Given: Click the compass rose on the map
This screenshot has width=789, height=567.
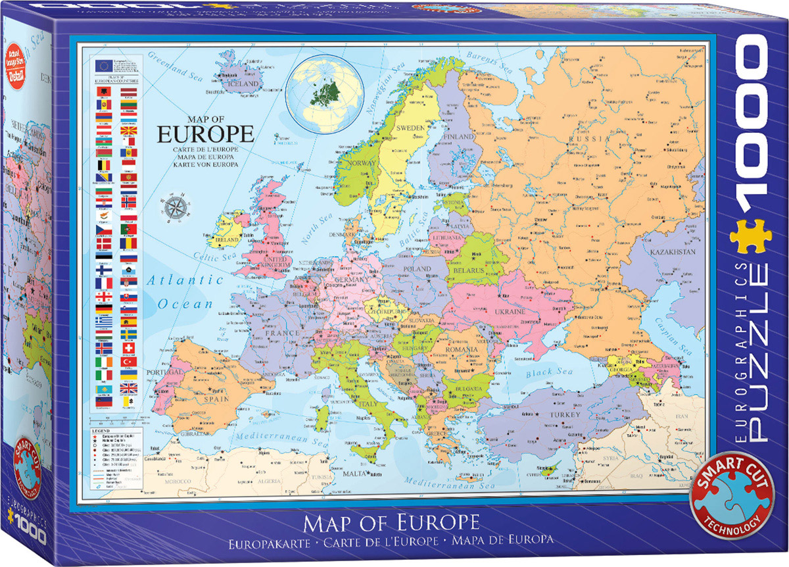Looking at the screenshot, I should click(176, 207).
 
